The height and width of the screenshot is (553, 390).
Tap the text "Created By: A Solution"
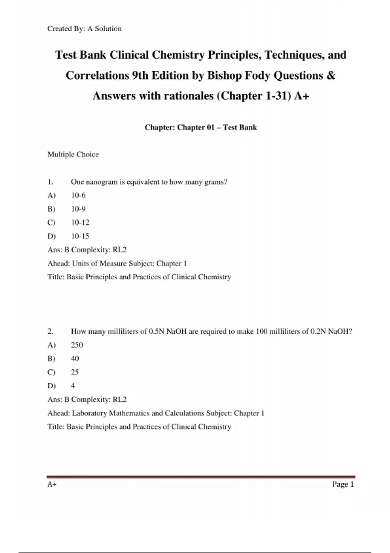coord(84,29)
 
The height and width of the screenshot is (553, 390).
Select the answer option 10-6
coord(78,195)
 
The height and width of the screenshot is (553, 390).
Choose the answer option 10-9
coord(78,209)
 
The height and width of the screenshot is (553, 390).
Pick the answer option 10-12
coord(80,223)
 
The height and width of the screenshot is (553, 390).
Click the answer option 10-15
coord(80,236)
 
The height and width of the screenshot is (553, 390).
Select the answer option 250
coord(77,345)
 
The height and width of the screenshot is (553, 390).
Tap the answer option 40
coord(75,358)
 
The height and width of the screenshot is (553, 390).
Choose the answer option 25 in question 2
coord(75,372)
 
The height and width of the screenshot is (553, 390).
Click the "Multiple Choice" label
coord(73,155)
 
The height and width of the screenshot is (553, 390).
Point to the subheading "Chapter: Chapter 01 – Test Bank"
coord(201,128)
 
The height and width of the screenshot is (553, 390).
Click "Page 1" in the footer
coord(343,484)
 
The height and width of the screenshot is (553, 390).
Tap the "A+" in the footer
coord(52,484)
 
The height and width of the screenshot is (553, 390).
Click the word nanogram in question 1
coord(101,182)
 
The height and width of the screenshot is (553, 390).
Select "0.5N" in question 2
coord(156,331)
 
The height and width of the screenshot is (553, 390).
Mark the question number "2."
coord(50,331)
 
